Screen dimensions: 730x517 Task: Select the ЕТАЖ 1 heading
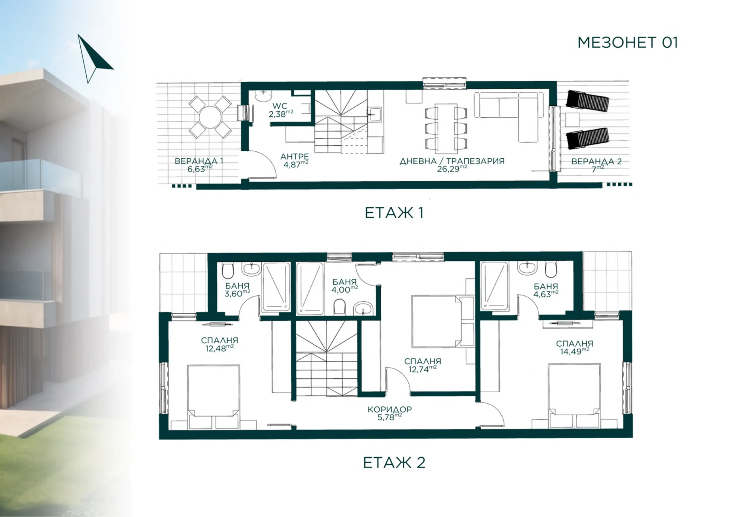(x=394, y=213)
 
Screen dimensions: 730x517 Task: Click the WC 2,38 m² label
(x=281, y=110)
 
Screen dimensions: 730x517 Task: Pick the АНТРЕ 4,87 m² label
(x=295, y=160)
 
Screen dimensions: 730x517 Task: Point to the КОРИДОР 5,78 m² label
(x=390, y=413)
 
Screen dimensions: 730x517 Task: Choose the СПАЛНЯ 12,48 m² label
(x=220, y=344)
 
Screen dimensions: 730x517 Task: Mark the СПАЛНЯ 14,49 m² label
(x=575, y=347)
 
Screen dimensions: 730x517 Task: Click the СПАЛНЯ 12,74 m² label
(x=422, y=365)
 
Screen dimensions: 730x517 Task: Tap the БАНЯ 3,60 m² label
(x=237, y=290)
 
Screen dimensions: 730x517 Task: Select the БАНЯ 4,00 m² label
(x=344, y=286)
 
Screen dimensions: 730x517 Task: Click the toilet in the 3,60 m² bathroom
(x=228, y=270)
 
